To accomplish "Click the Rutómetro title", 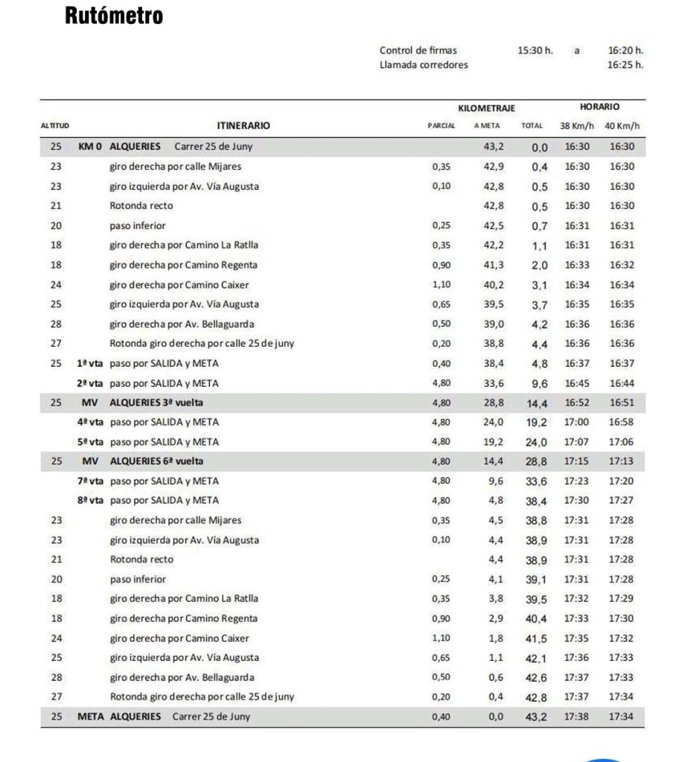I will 115,16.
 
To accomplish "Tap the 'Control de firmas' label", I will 418,51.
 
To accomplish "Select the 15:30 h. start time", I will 535,51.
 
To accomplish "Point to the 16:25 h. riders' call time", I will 625,65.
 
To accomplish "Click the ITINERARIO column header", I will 243,126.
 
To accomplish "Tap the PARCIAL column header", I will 441,127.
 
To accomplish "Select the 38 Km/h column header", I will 576,127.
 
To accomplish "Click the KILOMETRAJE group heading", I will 487,109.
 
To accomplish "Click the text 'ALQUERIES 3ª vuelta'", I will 156,402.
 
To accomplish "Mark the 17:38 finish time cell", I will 577,717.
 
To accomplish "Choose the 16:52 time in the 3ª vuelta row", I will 577,403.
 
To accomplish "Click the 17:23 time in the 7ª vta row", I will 577,481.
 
